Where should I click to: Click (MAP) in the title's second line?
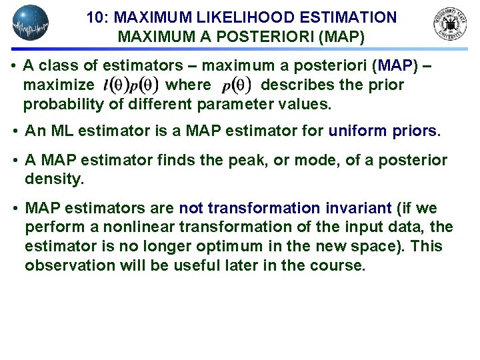click(341, 37)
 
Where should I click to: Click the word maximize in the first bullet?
click(59, 85)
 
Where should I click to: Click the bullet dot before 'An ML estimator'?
click(15, 131)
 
